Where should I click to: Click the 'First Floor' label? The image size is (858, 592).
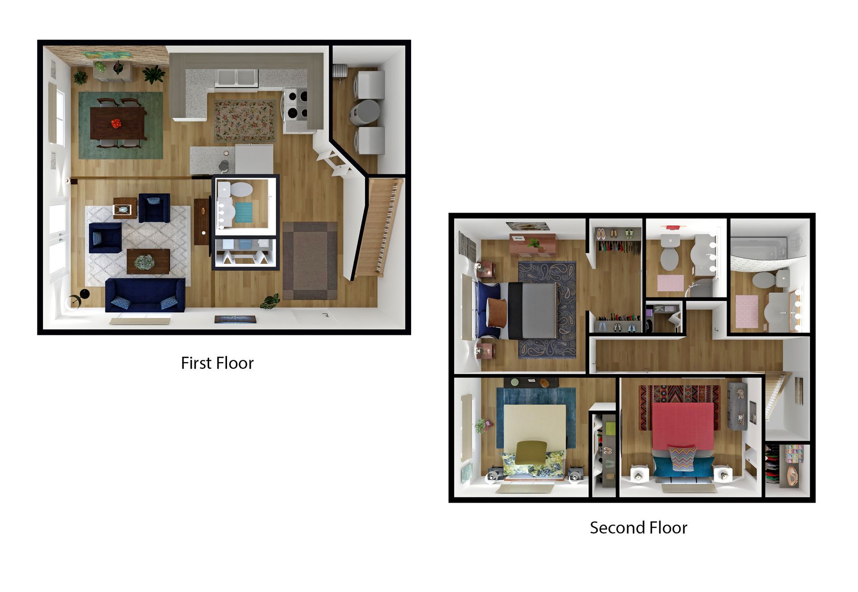point(217,363)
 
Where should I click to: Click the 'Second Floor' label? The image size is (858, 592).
point(638,528)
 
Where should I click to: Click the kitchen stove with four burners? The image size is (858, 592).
point(296,104)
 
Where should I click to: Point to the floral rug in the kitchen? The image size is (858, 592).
point(244,121)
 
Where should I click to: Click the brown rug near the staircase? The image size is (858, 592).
point(310,261)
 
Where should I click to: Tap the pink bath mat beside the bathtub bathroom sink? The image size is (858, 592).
point(747,310)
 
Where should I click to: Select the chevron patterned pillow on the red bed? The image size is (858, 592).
point(682,458)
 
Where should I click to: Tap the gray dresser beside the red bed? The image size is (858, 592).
point(738,406)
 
